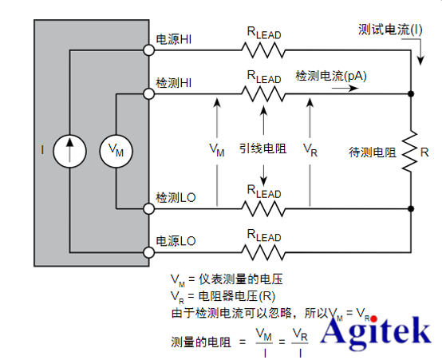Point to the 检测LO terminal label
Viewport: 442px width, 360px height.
click(175, 197)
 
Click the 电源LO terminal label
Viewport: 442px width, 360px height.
click(175, 240)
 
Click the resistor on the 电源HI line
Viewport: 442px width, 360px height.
click(263, 50)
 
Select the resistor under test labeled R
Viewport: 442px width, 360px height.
click(410, 151)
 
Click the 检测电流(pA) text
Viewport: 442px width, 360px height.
click(331, 77)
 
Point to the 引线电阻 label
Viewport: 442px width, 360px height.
click(262, 148)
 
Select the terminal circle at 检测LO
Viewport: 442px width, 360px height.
click(148, 208)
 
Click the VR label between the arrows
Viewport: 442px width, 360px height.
click(311, 148)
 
